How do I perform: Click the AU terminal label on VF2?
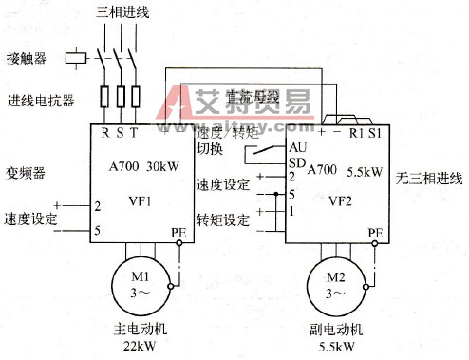tap(297, 148)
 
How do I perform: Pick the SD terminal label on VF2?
tap(297, 162)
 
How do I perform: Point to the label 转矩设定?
tap(222, 220)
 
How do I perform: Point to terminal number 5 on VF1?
tap(97, 229)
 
